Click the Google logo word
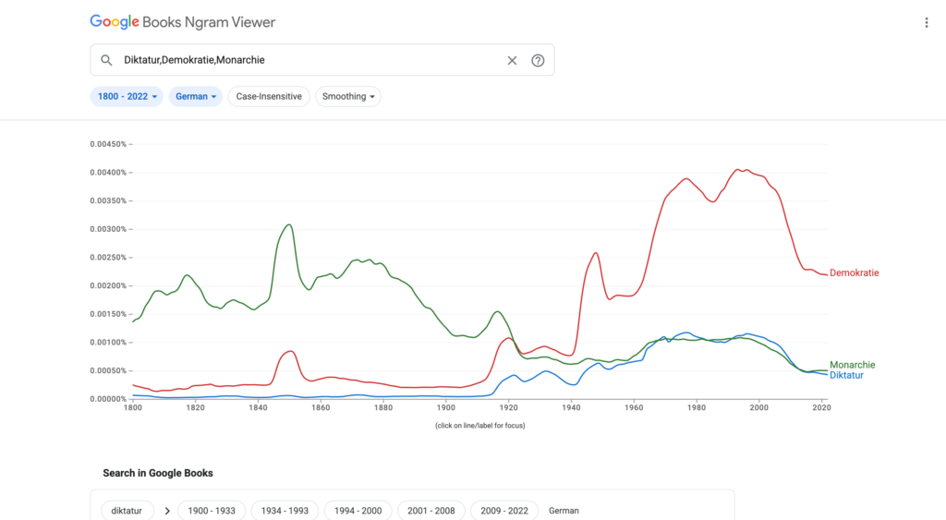point(114,22)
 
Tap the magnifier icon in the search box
point(106,60)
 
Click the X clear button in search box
point(512,60)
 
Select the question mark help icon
point(538,60)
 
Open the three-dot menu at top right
point(927,22)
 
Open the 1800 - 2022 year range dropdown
point(127,96)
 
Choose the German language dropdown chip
point(196,96)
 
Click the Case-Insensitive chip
point(269,96)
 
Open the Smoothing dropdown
point(348,96)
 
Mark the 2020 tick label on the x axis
point(820,407)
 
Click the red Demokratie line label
point(854,272)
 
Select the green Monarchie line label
point(852,365)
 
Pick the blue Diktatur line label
point(846,376)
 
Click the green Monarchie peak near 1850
point(289,224)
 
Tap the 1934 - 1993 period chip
point(285,511)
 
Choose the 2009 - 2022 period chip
point(503,511)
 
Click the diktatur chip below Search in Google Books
point(127,511)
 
